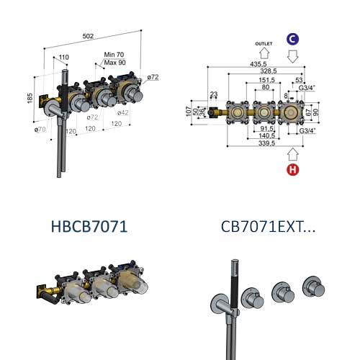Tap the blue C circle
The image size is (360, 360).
pyautogui.click(x=294, y=38)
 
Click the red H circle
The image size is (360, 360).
pyautogui.click(x=293, y=170)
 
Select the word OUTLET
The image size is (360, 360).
pyautogui.click(x=264, y=43)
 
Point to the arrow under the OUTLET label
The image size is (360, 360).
pyautogui.click(x=264, y=53)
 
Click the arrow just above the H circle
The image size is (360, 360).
pyautogui.click(x=293, y=153)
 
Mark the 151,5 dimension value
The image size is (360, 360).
pyautogui.click(x=265, y=81)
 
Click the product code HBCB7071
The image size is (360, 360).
pyautogui.click(x=89, y=227)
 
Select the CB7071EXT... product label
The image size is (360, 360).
pyautogui.click(x=268, y=227)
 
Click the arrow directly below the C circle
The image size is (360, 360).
pyautogui.click(x=294, y=55)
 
